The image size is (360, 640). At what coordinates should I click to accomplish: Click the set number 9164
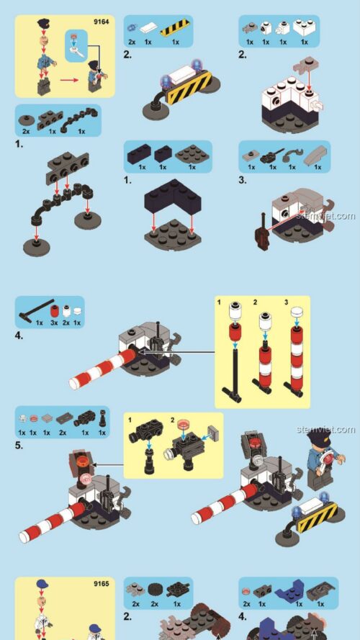pyautogui.click(x=100, y=22)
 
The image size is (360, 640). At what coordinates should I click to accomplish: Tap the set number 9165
pyautogui.click(x=100, y=584)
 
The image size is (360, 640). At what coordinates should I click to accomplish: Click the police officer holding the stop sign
pyautogui.click(x=320, y=461)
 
